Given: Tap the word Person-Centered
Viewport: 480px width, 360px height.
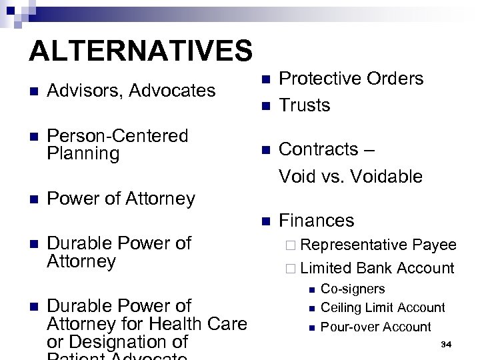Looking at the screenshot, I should pyautogui.click(x=118, y=136).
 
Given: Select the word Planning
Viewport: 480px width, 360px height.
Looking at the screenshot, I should pyautogui.click(x=83, y=154).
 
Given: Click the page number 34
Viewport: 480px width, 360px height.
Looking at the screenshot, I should pyautogui.click(x=446, y=344).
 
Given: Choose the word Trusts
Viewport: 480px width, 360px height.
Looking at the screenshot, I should pyautogui.click(x=305, y=105).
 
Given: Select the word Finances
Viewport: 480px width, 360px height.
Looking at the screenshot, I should pyautogui.click(x=317, y=221).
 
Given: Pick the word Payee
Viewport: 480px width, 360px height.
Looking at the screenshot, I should pyautogui.click(x=434, y=245).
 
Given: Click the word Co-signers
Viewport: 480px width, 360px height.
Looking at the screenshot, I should pyautogui.click(x=353, y=289).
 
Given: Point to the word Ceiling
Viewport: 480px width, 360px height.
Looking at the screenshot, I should pyautogui.click(x=340, y=308).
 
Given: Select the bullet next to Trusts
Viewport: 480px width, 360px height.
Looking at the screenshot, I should pyautogui.click(x=264, y=106).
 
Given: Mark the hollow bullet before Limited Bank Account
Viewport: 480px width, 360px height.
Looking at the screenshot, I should pyautogui.click(x=289, y=269).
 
